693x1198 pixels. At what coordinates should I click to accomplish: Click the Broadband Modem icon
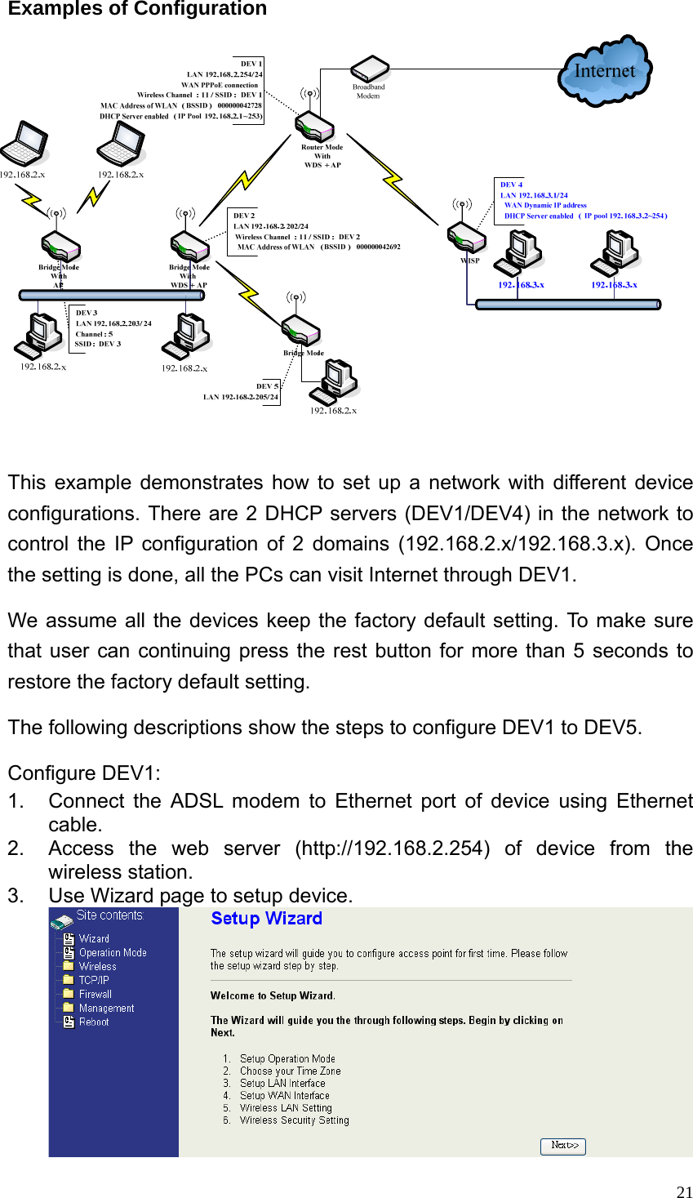pos(369,69)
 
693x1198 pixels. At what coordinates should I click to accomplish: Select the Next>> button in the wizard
pos(562,1146)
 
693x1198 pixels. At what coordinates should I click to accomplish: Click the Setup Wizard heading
pos(266,919)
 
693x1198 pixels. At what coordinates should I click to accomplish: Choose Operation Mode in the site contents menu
pos(112,953)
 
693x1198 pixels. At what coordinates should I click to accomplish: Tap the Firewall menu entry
pos(95,995)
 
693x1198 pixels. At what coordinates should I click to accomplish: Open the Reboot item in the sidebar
pos(93,1022)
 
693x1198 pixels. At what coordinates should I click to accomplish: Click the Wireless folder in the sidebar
pos(97,967)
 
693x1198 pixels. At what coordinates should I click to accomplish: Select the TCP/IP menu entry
pos(94,981)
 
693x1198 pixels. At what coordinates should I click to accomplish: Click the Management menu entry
pos(106,1009)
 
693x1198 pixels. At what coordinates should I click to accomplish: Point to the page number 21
pos(684,1191)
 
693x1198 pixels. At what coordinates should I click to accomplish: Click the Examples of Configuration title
pos(137,9)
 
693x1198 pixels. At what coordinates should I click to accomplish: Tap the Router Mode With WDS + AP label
pos(322,156)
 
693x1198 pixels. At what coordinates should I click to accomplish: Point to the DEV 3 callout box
pos(113,328)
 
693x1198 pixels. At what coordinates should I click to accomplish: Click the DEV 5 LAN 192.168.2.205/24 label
pos(241,392)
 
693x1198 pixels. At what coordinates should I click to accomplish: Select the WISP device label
pos(470,261)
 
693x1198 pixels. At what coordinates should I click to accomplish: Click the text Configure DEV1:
pos(84,773)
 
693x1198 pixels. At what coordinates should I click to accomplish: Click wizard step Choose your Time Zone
pos(290,1071)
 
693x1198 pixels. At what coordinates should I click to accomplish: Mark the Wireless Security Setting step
pos(294,1120)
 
